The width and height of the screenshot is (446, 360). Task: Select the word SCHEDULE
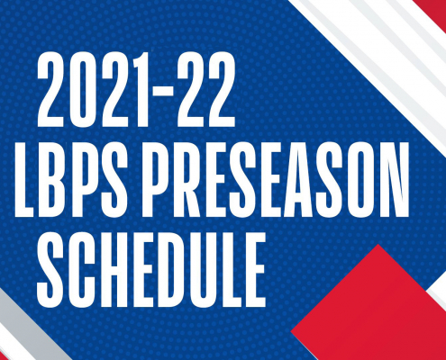coord(151,270)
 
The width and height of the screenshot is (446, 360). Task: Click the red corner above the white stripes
coord(432,12)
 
